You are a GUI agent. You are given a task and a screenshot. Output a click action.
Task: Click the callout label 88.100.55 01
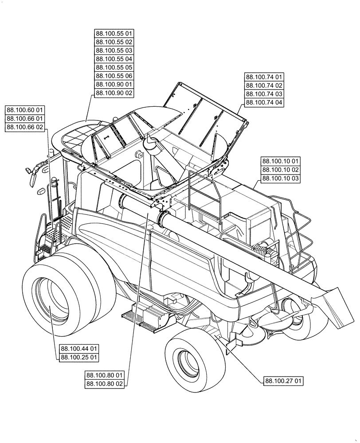(x=114, y=34)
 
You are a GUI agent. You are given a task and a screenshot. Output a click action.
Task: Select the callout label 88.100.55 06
(x=114, y=76)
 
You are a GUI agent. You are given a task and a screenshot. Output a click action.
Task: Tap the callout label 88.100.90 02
(x=114, y=93)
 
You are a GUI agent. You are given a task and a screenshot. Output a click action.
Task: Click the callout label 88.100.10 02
(x=281, y=170)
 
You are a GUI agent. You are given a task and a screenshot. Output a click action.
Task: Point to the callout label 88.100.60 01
(x=25, y=110)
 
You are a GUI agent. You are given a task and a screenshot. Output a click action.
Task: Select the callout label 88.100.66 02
(x=25, y=127)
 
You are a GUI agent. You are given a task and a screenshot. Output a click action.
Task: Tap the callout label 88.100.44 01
(x=79, y=349)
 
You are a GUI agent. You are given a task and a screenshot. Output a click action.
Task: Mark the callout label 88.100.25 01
(x=79, y=357)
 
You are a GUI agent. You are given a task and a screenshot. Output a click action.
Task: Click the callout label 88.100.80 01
(x=105, y=375)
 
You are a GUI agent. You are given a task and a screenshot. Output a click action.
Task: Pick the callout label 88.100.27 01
(x=284, y=381)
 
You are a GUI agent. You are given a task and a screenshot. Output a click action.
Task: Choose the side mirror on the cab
(x=32, y=171)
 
